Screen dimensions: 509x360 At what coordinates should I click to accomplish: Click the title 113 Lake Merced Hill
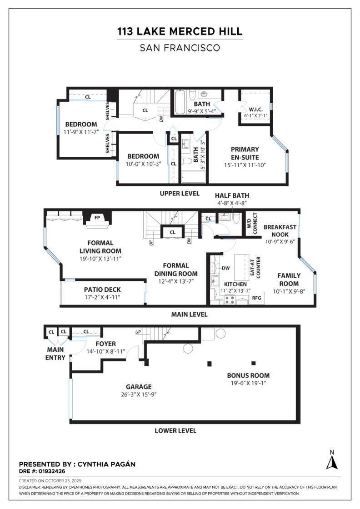[x=180, y=32]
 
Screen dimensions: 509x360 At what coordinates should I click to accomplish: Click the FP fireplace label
[x=97, y=217]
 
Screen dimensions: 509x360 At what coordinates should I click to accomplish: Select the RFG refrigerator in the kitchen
[x=256, y=299]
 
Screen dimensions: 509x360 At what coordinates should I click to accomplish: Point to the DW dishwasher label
[x=226, y=268]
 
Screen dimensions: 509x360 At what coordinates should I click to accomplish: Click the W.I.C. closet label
[x=255, y=109]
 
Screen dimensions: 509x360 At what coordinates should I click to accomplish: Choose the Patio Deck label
[x=102, y=289]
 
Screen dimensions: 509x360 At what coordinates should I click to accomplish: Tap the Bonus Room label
[x=248, y=375]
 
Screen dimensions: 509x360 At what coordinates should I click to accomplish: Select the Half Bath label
[x=232, y=195]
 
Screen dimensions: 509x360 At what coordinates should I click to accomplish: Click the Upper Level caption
[x=179, y=193]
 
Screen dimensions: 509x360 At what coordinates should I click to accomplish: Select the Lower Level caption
[x=175, y=430]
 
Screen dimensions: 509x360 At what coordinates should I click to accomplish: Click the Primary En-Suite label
[x=245, y=153]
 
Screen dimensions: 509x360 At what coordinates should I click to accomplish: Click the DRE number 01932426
[x=51, y=472]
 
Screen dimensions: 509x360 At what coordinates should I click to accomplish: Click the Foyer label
[x=105, y=344]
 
